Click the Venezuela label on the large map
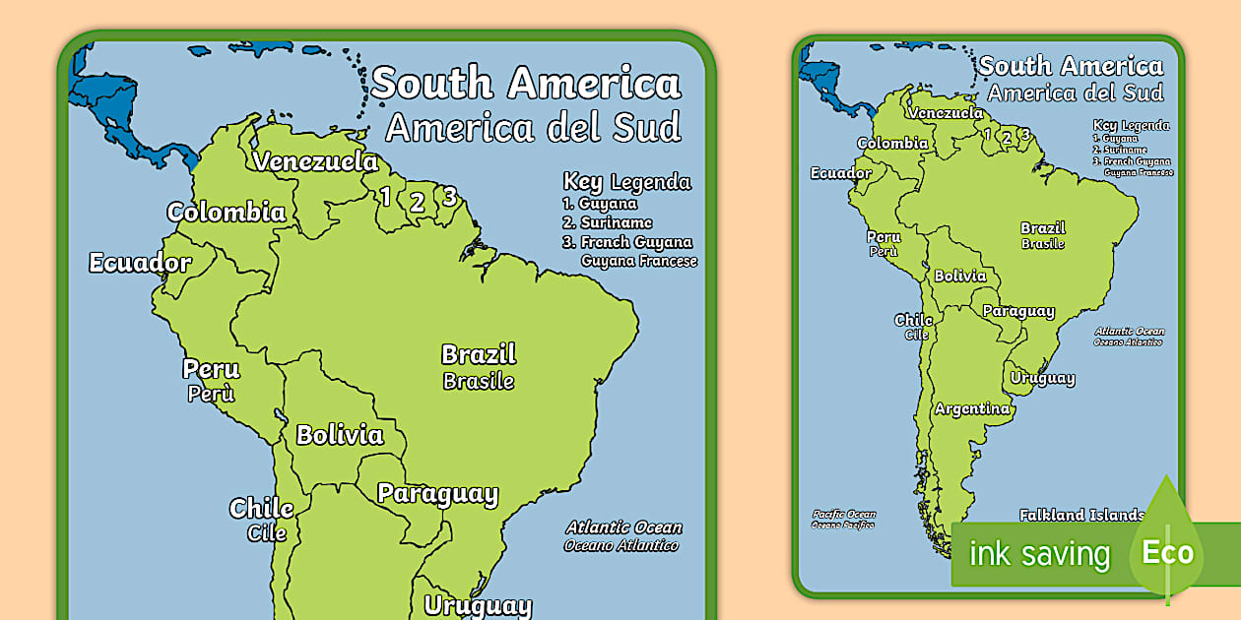(315, 161)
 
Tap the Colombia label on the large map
(227, 212)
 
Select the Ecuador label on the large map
(140, 263)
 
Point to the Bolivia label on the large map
(340, 434)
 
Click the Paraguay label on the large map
(437, 493)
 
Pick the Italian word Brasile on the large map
(479, 381)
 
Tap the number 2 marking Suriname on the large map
(417, 203)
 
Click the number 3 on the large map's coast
(449, 196)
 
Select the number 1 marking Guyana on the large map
(385, 197)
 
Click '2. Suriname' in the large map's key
(608, 222)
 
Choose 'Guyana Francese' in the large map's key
(639, 261)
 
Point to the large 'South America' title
(526, 83)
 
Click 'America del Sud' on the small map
(1076, 93)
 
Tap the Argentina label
(972, 408)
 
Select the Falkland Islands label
(1081, 515)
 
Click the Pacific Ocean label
(843, 514)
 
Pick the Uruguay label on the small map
(1042, 378)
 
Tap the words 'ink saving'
(1039, 554)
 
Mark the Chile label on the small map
(913, 321)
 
